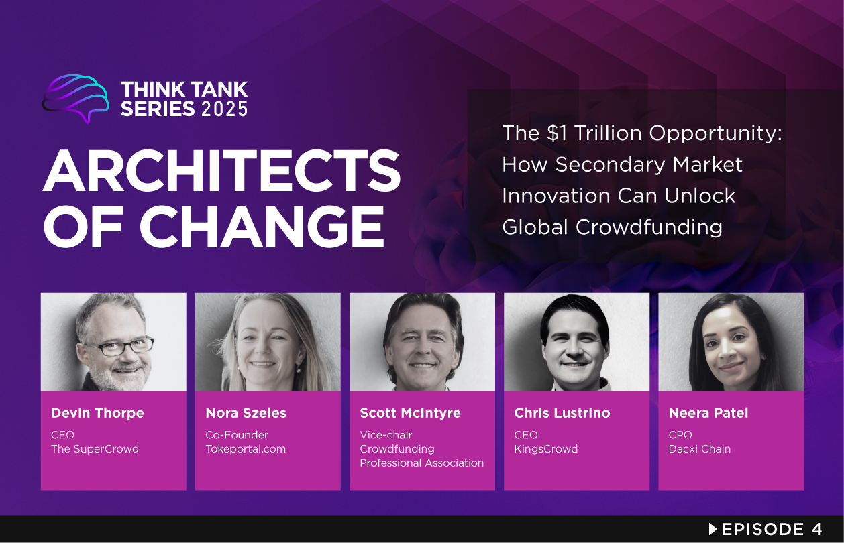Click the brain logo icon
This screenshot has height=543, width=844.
pos(75,98)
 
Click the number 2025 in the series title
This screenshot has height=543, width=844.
pos(224,109)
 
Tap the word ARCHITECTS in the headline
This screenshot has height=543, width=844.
pos(221,170)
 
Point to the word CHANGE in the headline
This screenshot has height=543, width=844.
pos(262,227)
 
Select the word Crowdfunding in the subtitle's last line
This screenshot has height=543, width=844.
pos(649,227)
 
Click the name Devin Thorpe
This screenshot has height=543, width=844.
pos(97,413)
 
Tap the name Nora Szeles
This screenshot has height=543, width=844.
pos(246,413)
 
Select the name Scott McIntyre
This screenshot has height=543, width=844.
pos(410,413)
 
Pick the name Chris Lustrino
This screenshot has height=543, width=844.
pos(562,413)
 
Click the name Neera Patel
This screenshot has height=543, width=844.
pos(708,413)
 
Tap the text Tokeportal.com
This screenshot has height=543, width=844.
pos(246,449)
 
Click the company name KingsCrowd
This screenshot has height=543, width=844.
pos(545,449)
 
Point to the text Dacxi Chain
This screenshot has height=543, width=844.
pos(699,449)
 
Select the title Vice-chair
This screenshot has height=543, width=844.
pos(386,435)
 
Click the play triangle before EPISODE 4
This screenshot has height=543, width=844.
pos(713,529)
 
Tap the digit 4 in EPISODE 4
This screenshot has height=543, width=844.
pos(816,529)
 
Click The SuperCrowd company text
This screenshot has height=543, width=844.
pos(95,449)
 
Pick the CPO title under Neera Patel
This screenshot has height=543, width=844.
pos(680,435)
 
